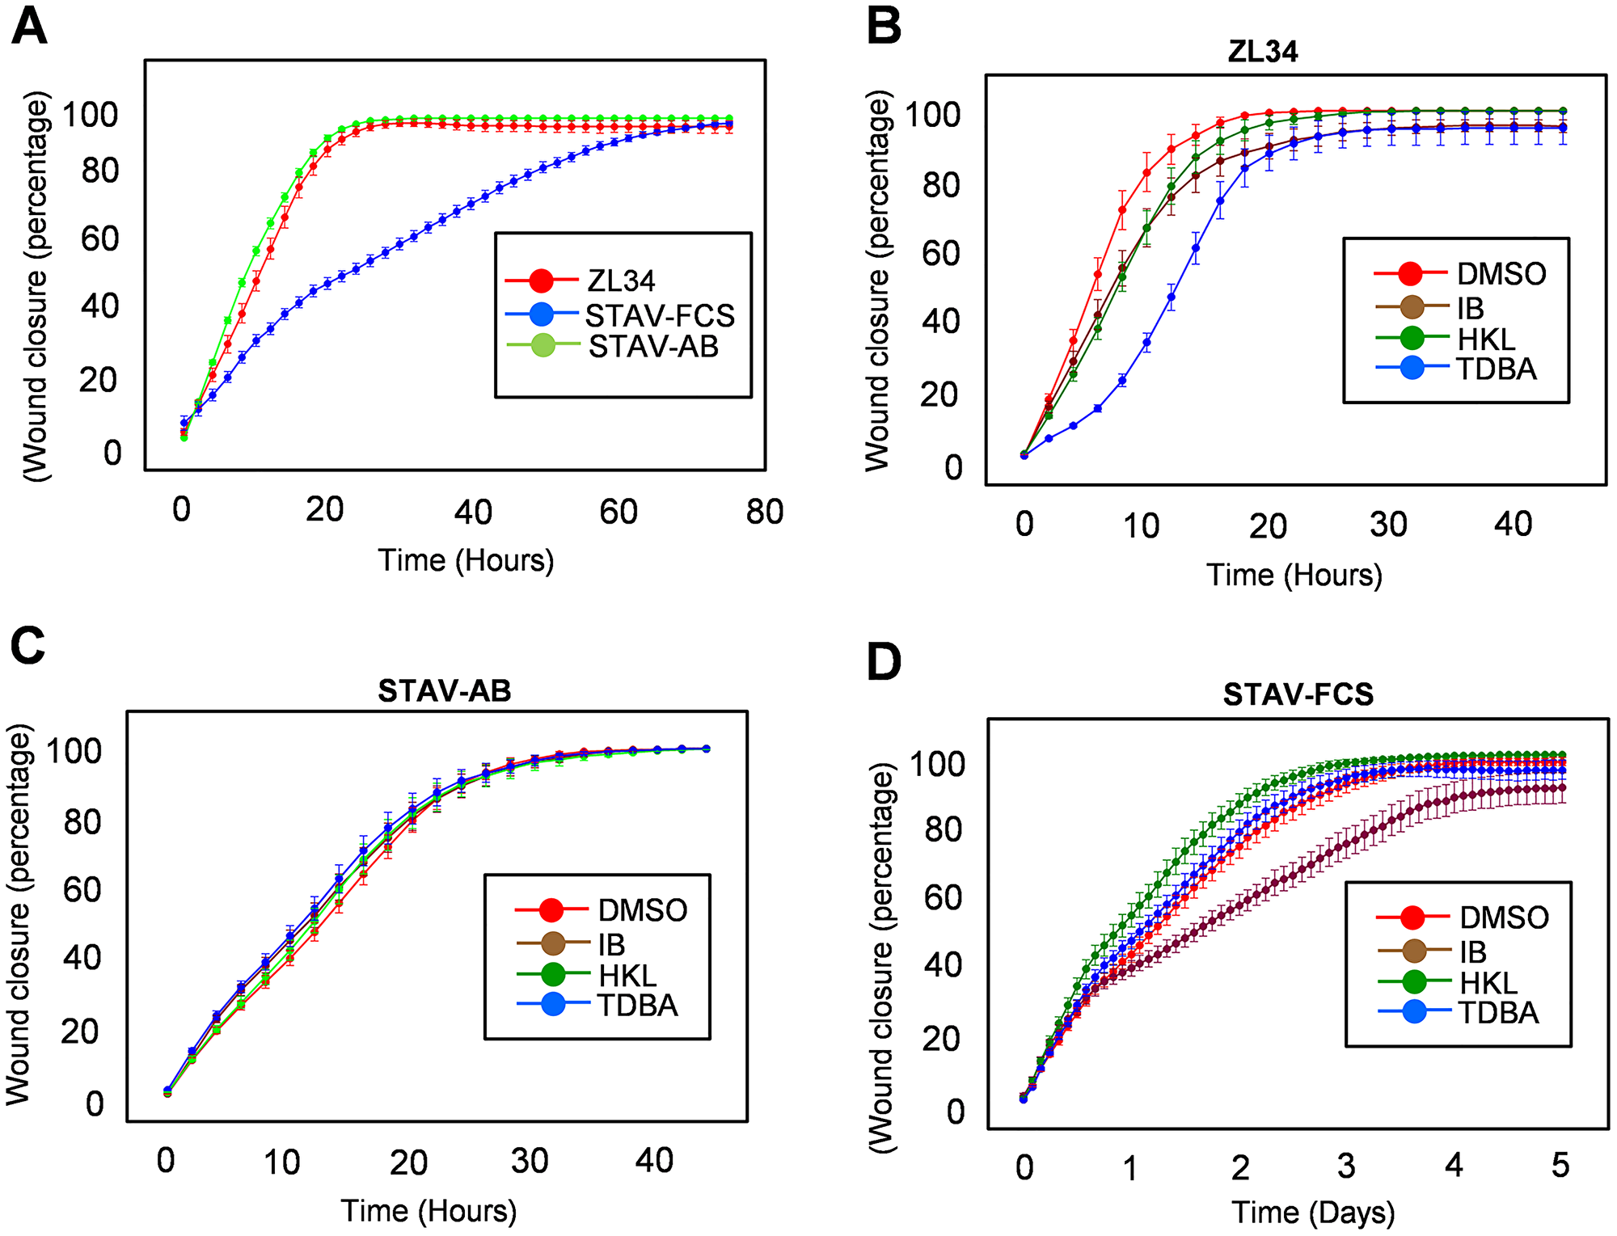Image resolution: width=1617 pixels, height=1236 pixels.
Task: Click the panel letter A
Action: pos(29,27)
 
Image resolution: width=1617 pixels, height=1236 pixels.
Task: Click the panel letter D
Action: pos(883,662)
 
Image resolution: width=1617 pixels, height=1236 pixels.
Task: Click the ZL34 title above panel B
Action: pos(1262,52)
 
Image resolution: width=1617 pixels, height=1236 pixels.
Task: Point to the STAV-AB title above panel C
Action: pos(445,691)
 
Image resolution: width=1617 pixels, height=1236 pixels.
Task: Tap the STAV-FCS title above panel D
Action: pos(1298,694)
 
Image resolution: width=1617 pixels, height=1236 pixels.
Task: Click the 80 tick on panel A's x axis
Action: pos(764,512)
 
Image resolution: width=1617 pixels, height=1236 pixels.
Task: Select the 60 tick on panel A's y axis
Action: pos(99,239)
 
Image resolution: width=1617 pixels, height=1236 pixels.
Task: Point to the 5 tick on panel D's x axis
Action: pos(1560,1166)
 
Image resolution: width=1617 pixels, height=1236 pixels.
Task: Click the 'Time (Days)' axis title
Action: pos(1313,1213)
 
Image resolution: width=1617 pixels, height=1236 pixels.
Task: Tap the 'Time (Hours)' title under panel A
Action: pos(466,560)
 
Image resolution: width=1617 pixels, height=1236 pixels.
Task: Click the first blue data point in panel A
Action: pos(184,422)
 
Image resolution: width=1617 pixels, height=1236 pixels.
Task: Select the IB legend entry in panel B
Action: pos(1469,308)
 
